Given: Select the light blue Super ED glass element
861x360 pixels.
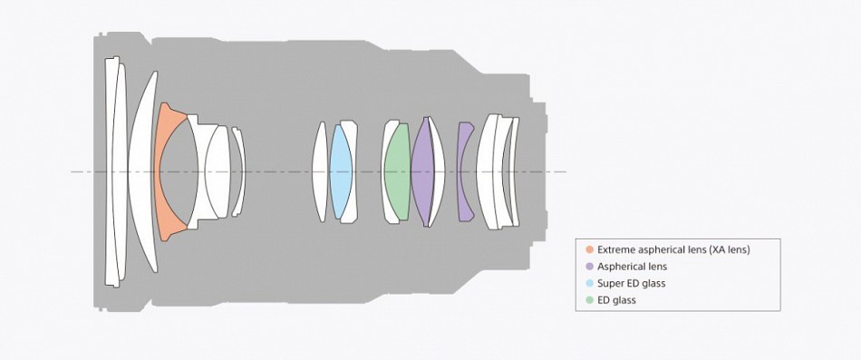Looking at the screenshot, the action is (341, 171).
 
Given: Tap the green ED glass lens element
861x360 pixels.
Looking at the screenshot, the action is (397, 171).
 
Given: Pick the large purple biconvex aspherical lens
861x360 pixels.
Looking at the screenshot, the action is (422, 171).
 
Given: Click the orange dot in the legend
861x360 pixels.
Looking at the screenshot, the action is (590, 249).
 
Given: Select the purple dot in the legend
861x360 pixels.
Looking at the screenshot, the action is (590, 267).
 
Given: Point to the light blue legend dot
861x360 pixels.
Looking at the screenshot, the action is (590, 284).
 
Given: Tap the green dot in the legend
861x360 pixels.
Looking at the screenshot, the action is (590, 301).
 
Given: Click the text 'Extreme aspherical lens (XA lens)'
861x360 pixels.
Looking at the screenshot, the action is (673, 249).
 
